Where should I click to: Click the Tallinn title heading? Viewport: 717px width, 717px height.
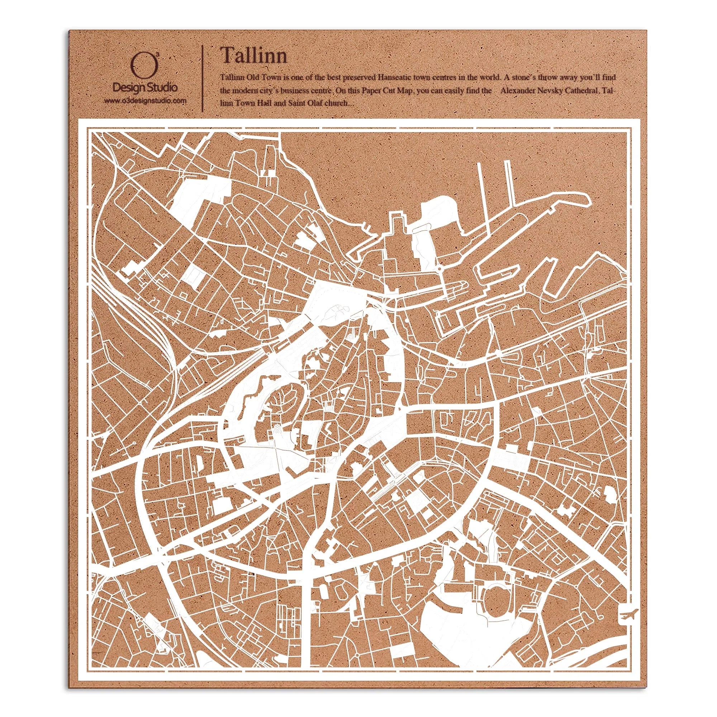pos(253,56)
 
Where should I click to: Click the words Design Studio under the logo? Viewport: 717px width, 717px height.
pos(145,88)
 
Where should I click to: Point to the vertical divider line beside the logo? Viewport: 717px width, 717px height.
pos(202,78)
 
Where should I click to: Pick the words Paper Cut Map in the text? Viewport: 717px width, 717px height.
pos(389,91)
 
